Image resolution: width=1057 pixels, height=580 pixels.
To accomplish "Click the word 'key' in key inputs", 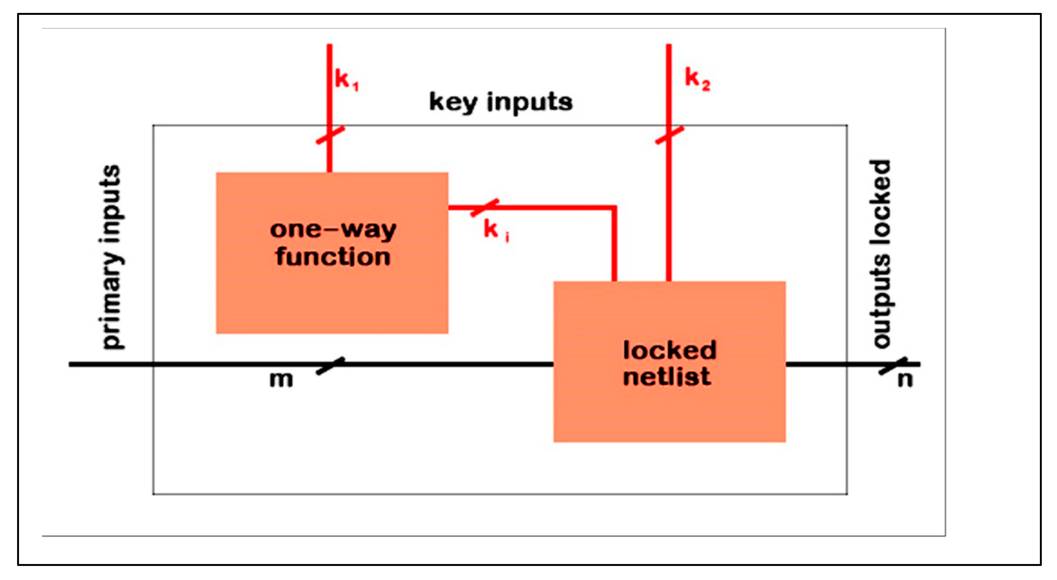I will pos(453,102).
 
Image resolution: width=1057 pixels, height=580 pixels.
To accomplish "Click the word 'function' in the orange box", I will pos(333,257).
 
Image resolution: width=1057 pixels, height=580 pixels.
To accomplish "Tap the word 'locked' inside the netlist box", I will pos(669,350).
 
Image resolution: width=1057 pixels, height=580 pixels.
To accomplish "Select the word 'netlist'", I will pos(667,377).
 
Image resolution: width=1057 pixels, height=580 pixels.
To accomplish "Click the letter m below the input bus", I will pos(281,379).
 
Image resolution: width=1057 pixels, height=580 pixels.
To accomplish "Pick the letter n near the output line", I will pos(905,379).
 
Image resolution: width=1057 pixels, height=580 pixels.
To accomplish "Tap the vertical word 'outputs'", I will pos(881,302).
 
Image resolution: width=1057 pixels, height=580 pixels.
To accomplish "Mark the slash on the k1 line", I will pos(330,135).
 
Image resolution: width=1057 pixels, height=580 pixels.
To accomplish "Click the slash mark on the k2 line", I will pos(669,135).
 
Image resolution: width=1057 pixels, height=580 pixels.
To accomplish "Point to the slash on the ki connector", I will pos(485,208).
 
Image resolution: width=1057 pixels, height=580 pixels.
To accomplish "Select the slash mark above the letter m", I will pos(330,365).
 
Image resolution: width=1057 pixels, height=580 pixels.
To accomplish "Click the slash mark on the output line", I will pos(893,366).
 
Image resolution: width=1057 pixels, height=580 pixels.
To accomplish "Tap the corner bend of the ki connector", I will pos(614,208).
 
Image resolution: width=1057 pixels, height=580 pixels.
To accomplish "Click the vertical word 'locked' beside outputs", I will pos(881,201).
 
